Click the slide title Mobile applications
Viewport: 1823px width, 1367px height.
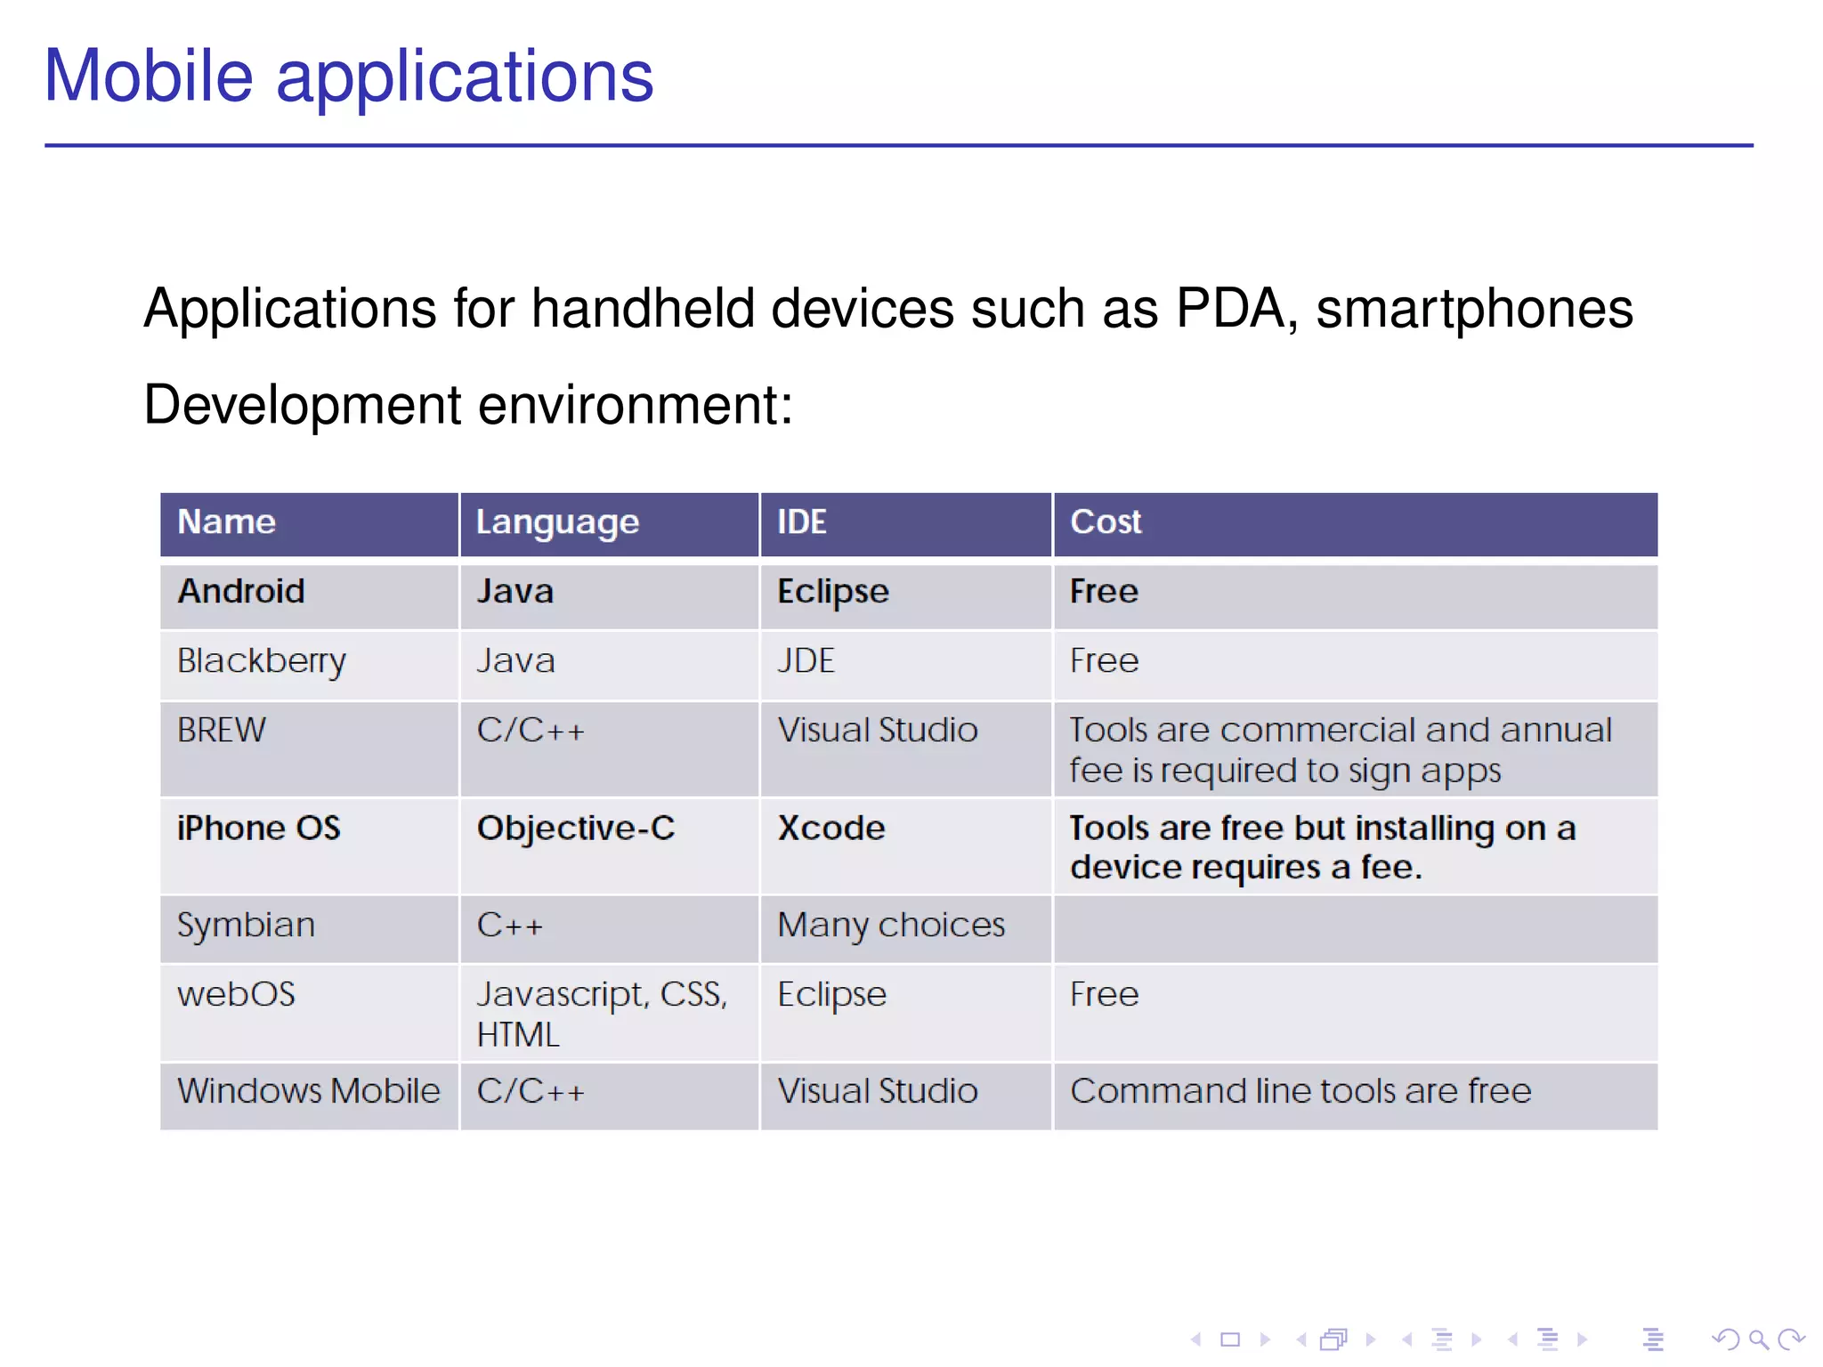[x=348, y=77]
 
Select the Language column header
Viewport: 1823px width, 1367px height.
[x=557, y=522]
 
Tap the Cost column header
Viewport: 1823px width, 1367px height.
[x=1105, y=522]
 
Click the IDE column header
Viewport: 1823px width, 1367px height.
[x=801, y=522]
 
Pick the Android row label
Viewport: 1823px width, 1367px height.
[x=241, y=592]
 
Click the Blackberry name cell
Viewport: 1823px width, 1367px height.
[x=261, y=661]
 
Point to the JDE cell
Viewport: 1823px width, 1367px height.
[x=806, y=661]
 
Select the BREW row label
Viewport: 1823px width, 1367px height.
[x=221, y=731]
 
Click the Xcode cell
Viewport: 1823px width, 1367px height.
[x=830, y=829]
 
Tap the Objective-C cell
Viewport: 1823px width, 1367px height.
[x=576, y=829]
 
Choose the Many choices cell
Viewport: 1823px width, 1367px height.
[x=890, y=926]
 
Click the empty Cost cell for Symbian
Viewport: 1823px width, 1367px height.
[x=1354, y=928]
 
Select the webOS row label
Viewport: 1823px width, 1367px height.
[x=236, y=994]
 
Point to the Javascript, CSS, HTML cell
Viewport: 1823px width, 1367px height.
[x=602, y=1014]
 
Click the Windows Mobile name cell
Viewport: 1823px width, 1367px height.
[x=308, y=1091]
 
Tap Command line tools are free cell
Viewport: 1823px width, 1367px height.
[x=1300, y=1091]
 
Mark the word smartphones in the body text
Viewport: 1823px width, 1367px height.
[x=1474, y=309]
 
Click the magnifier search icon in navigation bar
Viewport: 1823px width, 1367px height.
[x=1758, y=1339]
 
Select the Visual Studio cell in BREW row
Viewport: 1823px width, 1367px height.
[x=877, y=731]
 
